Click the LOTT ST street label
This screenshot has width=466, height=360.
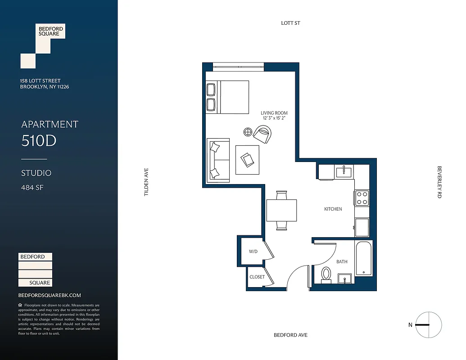(x=290, y=23)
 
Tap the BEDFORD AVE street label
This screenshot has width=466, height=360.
(x=290, y=335)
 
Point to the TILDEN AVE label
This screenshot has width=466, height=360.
(x=146, y=182)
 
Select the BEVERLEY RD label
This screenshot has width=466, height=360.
(x=439, y=182)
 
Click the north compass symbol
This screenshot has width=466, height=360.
(x=428, y=324)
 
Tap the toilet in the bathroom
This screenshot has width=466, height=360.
(x=326, y=274)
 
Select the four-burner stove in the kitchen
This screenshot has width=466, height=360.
(x=362, y=198)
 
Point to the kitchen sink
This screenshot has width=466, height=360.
(x=344, y=171)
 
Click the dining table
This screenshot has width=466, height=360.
(x=281, y=210)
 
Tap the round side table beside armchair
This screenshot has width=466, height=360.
(x=248, y=132)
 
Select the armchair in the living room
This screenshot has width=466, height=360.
(x=262, y=134)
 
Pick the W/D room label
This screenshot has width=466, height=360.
(x=253, y=252)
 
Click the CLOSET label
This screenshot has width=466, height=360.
(x=257, y=277)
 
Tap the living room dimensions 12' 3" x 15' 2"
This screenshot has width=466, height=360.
(x=274, y=118)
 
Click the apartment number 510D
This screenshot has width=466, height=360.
(x=39, y=141)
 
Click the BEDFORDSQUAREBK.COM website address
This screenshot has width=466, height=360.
(x=50, y=295)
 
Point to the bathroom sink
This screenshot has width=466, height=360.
(x=344, y=279)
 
